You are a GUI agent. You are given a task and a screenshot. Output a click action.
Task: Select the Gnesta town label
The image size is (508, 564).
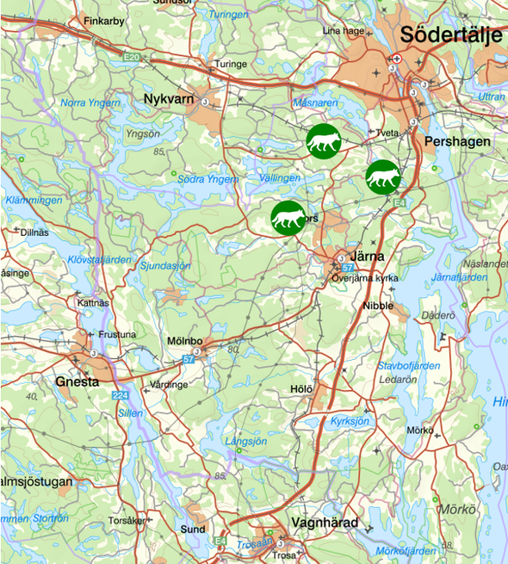coord(77,381)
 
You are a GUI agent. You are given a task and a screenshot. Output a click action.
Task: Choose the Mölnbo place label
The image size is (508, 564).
coord(185,342)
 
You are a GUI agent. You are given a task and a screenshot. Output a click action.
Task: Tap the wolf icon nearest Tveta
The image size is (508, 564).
coord(324,141)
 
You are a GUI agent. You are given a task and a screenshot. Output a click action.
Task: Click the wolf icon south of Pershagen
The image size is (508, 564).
coord(383,177)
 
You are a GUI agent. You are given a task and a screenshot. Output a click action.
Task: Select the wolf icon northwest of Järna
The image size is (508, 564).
coord(288,218)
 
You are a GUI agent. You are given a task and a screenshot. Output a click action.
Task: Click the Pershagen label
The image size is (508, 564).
coord(458,140)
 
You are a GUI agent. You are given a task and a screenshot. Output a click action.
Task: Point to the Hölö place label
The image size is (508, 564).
coord(301,389)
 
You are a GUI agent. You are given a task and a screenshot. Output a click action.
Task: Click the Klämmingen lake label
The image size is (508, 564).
coord(33,201)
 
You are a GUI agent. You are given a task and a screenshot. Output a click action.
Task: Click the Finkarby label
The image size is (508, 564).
coord(104,21)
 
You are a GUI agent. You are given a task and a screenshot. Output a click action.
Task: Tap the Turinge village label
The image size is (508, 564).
coord(231,64)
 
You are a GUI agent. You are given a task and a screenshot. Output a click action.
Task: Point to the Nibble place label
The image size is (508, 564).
coord(378,306)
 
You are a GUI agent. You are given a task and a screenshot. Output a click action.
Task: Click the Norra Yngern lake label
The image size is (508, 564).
coord(90,104)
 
